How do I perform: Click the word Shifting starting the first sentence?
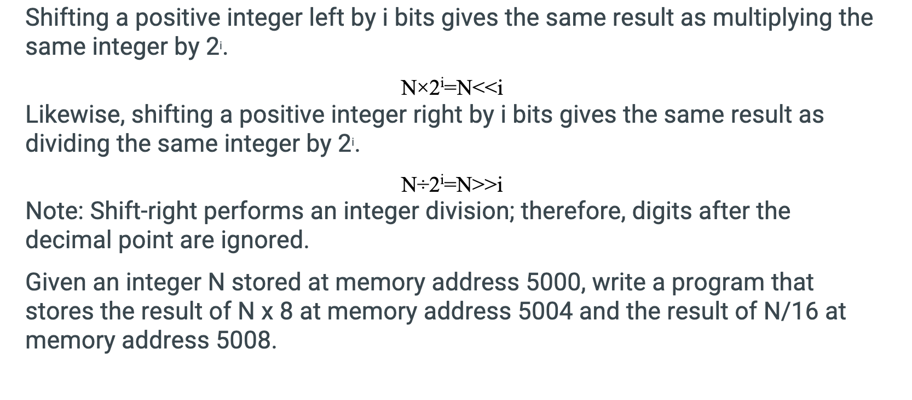click(x=67, y=18)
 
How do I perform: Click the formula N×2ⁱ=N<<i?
click(x=452, y=87)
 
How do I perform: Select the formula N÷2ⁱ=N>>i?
click(x=452, y=184)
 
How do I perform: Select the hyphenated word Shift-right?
click(x=143, y=211)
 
